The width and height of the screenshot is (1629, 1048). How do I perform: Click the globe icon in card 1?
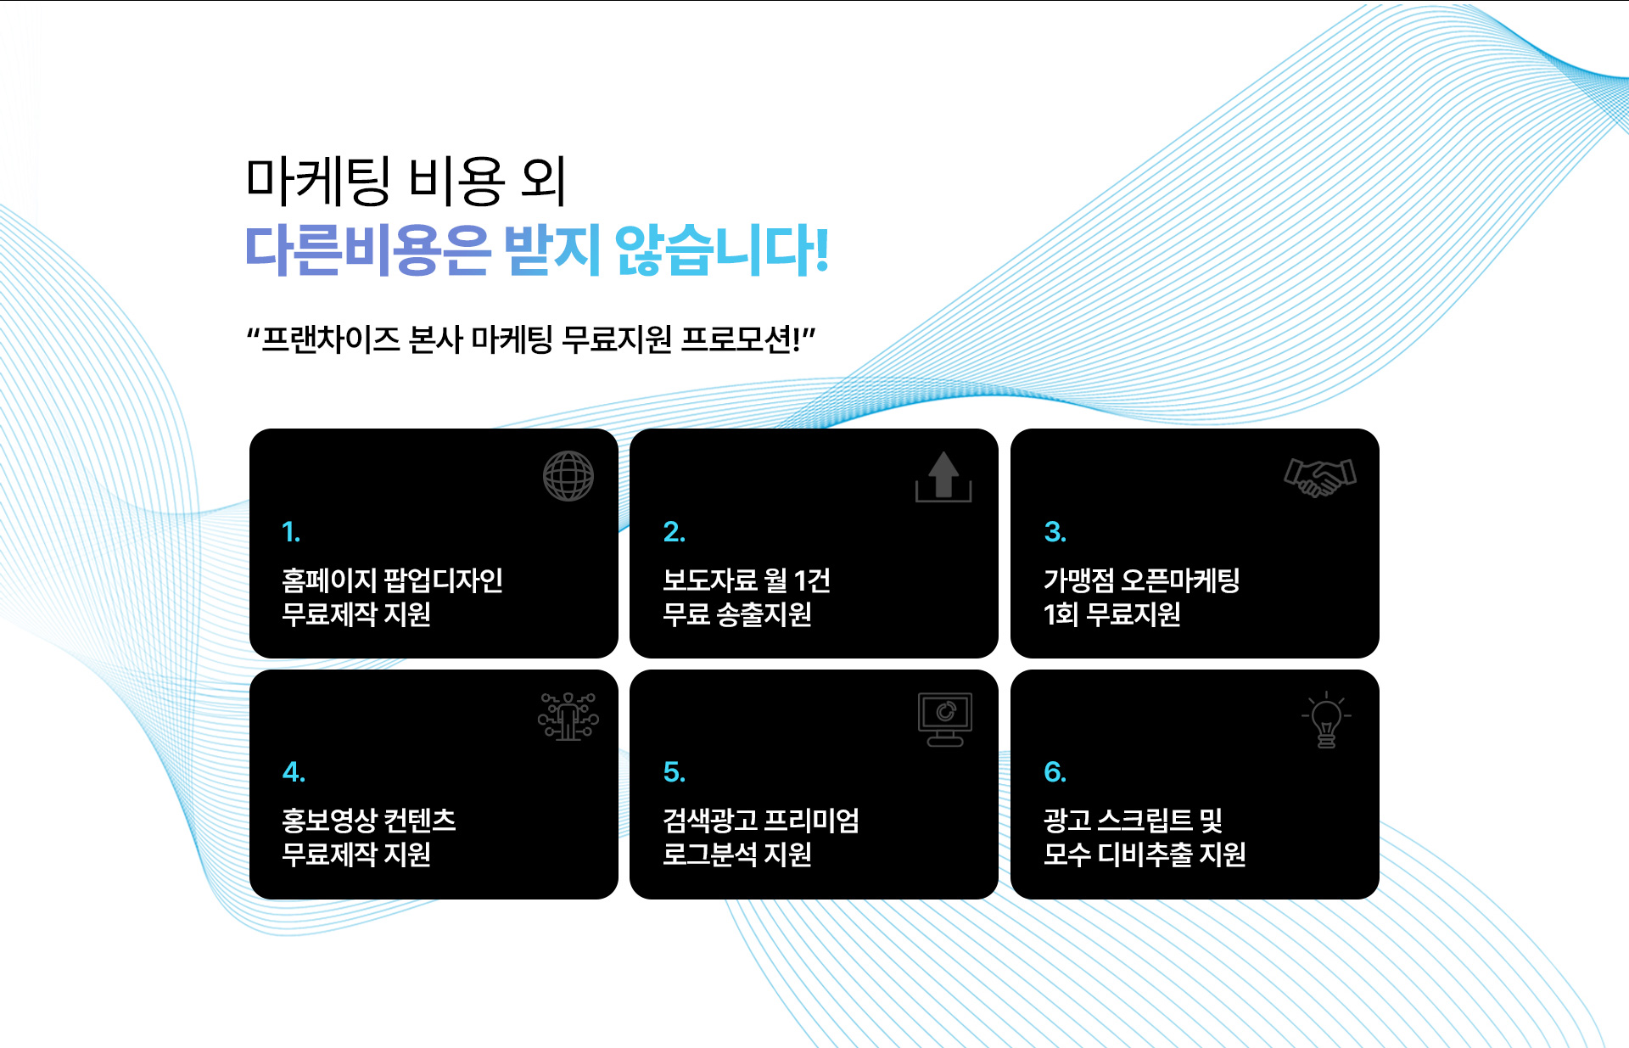[x=568, y=475]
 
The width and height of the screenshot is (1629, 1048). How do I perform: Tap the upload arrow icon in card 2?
[x=943, y=476]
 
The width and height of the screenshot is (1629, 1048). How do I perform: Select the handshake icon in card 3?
[x=1319, y=477]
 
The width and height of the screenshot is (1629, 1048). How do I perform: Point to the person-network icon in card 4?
[x=568, y=716]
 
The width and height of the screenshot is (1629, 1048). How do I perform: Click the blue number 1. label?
[x=291, y=532]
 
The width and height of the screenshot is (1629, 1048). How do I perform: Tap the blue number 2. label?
[x=674, y=532]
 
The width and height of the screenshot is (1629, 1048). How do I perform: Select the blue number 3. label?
[x=1055, y=532]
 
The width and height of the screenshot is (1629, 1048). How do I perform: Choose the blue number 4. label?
[x=294, y=772]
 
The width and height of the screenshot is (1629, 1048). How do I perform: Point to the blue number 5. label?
[x=674, y=772]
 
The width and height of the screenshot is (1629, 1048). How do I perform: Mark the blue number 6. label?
[x=1055, y=772]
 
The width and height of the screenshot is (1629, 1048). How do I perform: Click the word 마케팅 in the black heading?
[x=318, y=181]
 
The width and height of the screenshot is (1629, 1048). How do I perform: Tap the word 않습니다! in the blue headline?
[x=721, y=250]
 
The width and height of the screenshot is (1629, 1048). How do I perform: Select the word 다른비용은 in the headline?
[x=367, y=250]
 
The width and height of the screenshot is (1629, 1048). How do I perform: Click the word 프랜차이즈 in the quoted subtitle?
[x=330, y=339]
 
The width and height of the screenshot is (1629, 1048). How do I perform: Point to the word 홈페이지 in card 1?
[x=328, y=580]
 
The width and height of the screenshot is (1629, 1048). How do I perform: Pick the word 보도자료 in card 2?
[x=709, y=580]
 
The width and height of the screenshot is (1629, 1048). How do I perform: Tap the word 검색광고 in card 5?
[x=709, y=821]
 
